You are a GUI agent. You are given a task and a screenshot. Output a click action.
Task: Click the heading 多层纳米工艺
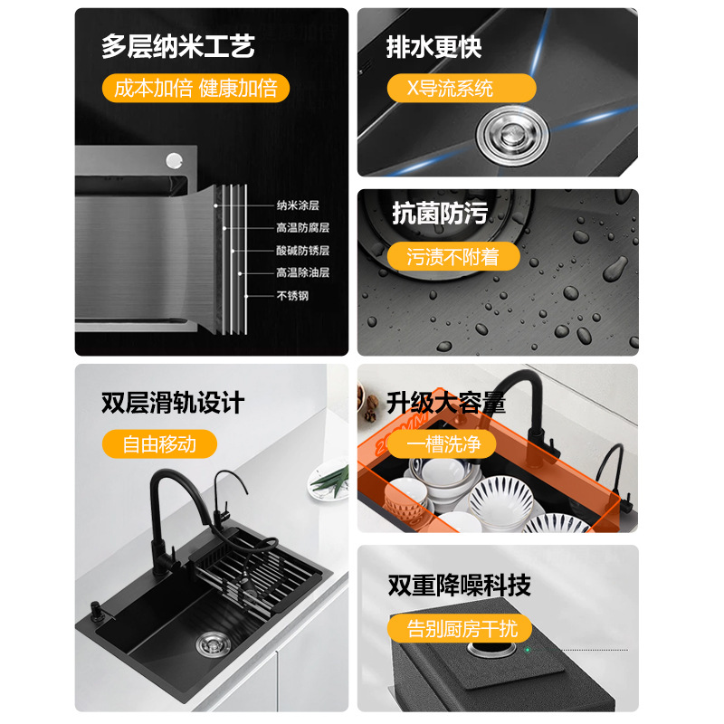(177, 47)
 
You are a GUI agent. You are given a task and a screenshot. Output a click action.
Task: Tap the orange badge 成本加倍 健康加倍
(195, 88)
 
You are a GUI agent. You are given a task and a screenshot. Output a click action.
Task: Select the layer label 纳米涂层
(298, 205)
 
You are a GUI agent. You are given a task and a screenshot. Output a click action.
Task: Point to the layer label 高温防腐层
(303, 228)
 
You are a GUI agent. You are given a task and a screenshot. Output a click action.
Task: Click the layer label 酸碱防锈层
(303, 251)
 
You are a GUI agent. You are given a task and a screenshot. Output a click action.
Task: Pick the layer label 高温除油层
(303, 272)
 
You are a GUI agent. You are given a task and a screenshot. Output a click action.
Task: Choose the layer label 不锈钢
(292, 296)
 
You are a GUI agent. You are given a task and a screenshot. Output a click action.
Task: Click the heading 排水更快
(434, 47)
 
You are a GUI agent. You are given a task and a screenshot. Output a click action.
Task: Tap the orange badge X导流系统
(462, 88)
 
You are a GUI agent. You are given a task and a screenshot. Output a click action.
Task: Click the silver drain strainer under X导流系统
(512, 135)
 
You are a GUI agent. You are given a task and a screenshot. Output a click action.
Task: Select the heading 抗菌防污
(440, 214)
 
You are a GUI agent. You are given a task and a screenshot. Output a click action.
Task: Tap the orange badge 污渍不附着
(453, 256)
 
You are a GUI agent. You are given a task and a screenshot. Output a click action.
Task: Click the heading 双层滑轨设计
(173, 403)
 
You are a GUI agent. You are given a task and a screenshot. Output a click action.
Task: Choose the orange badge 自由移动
(159, 444)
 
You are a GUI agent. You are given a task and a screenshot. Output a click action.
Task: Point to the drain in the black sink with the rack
(214, 643)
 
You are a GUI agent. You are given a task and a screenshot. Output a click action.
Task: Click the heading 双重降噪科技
(460, 586)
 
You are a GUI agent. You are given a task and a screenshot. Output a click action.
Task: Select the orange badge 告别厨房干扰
(460, 628)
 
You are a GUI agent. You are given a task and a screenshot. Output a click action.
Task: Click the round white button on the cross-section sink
(174, 160)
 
